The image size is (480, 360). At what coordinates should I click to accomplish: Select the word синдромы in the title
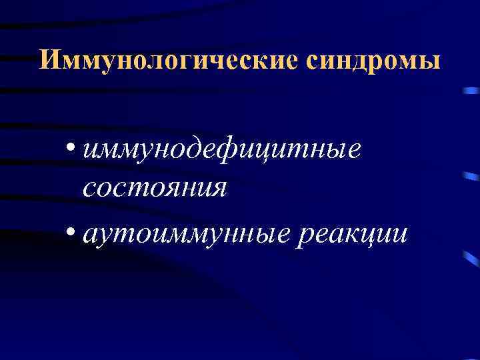click(x=374, y=60)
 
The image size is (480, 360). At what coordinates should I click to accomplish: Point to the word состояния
click(x=155, y=187)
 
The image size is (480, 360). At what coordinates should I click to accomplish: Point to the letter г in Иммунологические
click(x=167, y=61)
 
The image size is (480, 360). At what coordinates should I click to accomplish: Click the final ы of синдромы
click(x=431, y=61)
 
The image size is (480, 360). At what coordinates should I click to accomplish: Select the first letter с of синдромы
click(x=315, y=61)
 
